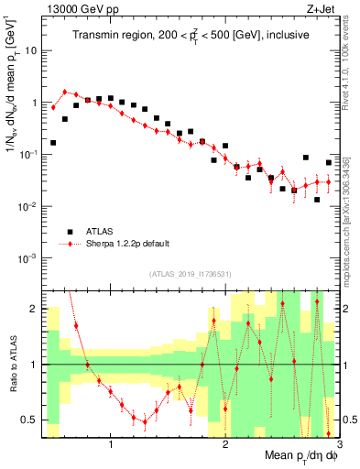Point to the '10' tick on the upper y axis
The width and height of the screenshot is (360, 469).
tap(29, 50)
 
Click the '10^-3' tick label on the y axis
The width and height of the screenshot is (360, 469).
tap(27, 258)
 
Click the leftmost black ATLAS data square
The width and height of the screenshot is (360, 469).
tap(53, 143)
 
